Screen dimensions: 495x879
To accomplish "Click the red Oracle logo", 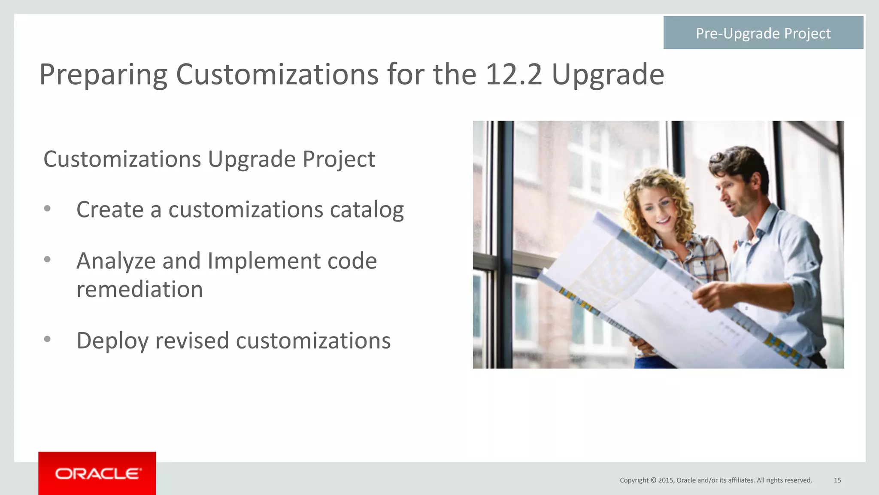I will click(x=97, y=473).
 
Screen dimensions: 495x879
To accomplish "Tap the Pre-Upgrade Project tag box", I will click(x=763, y=33).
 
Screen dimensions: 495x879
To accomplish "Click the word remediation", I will click(x=139, y=289).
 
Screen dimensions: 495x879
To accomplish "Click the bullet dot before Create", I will click(x=47, y=209).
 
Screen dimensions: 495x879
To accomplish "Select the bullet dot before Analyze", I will click(x=47, y=259).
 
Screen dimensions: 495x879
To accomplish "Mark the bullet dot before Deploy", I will click(x=47, y=339).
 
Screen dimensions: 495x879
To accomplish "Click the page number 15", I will click(x=837, y=480).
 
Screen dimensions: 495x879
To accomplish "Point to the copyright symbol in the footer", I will click(x=653, y=480).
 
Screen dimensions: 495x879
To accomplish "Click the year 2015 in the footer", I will click(x=666, y=480).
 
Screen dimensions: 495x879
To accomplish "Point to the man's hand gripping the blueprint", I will click(x=712, y=296).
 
